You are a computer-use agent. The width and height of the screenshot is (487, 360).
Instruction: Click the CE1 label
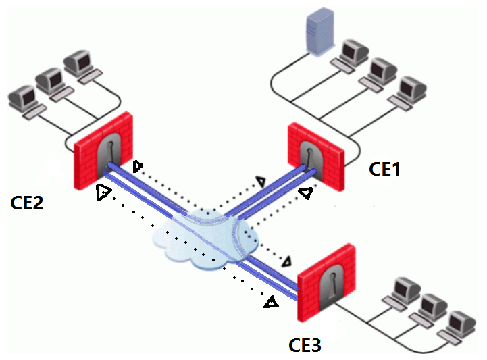[x=384, y=169]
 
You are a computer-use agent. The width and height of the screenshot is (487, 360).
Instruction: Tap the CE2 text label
[x=27, y=201]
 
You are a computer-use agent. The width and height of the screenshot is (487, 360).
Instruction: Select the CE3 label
[x=305, y=346]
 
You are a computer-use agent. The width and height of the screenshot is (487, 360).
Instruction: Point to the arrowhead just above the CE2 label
[x=103, y=192]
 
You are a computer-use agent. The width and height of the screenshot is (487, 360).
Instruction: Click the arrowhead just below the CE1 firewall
[x=306, y=194]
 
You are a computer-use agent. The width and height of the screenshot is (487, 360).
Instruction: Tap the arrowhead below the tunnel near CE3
[x=272, y=303]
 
